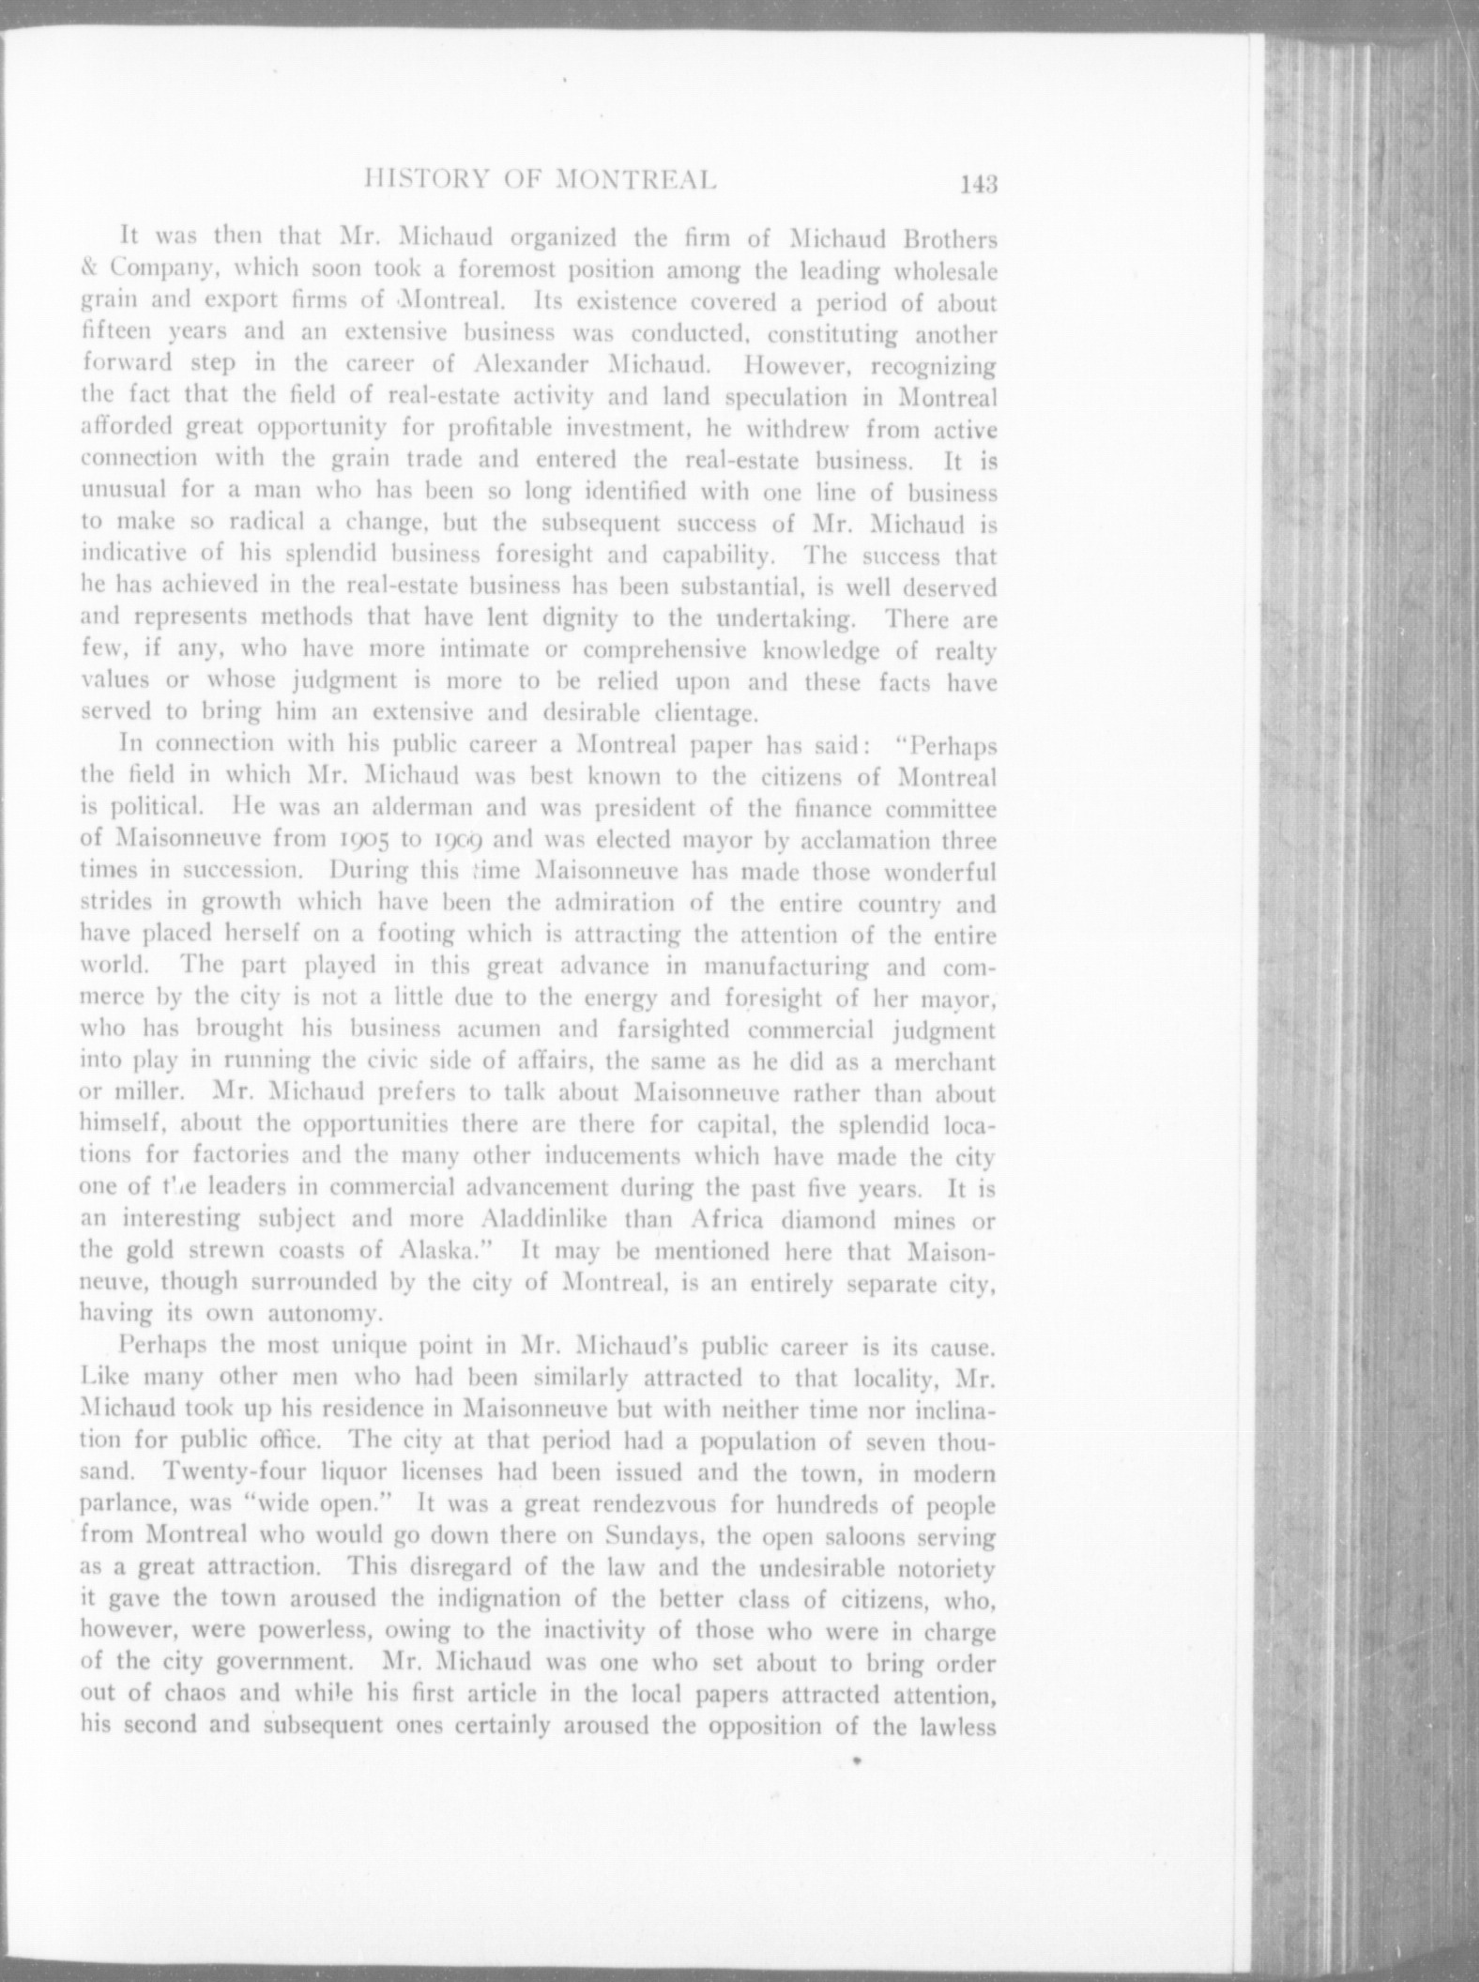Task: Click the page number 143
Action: point(976,184)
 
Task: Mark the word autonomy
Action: point(310,1313)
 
